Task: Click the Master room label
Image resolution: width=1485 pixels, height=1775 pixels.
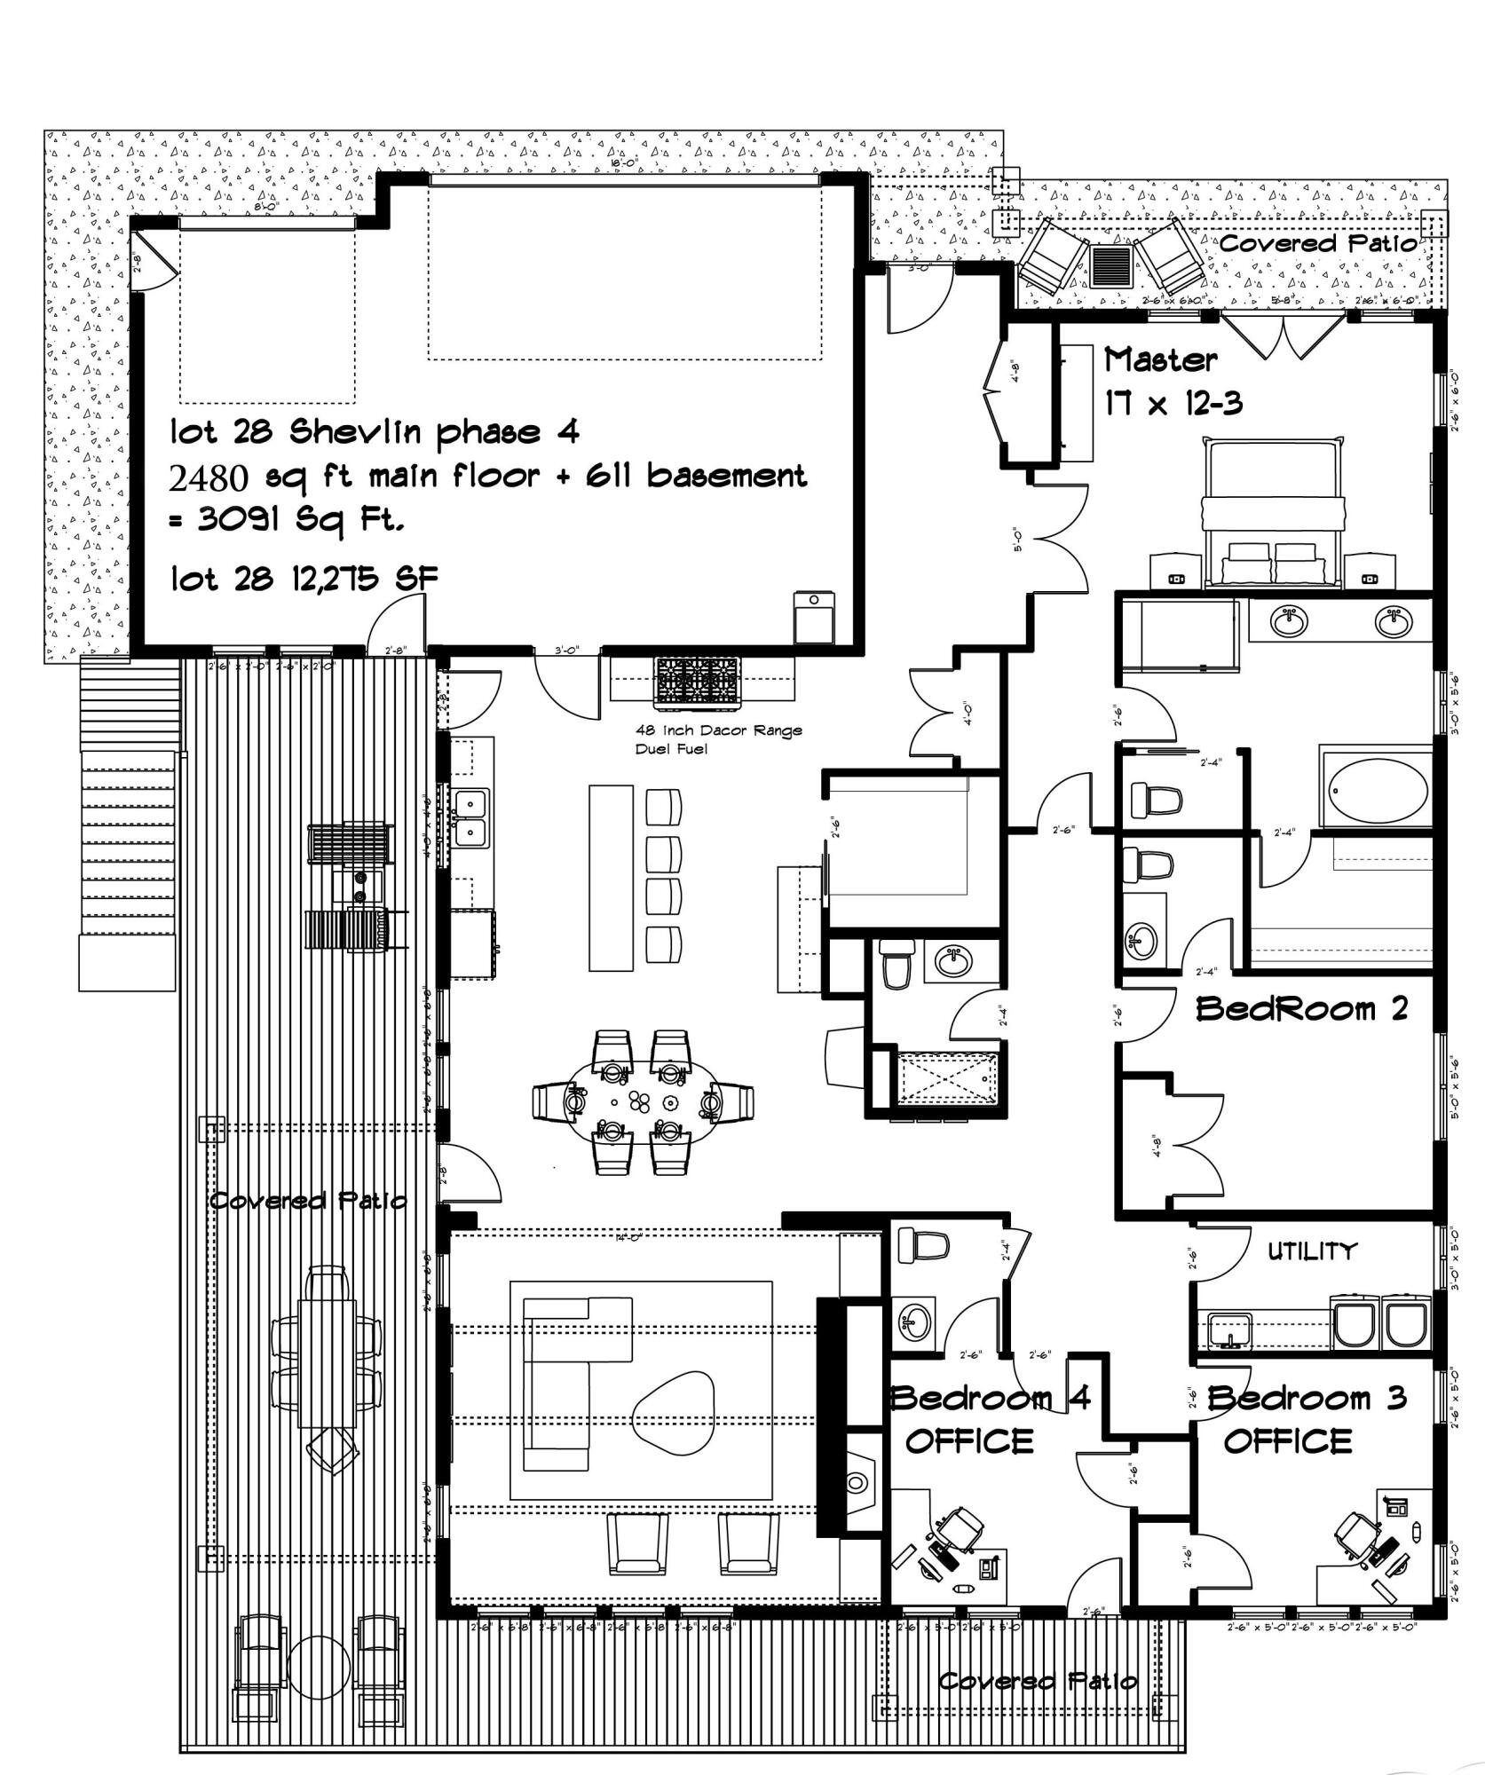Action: click(1160, 359)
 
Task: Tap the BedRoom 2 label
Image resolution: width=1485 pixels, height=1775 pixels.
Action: click(1301, 1009)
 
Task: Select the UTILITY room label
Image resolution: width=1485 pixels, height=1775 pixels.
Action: click(1312, 1251)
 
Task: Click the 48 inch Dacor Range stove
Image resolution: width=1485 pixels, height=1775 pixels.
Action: click(697, 683)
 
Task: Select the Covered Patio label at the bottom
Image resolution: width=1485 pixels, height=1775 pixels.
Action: click(1037, 1681)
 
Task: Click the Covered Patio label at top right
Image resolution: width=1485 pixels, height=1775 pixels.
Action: click(1318, 243)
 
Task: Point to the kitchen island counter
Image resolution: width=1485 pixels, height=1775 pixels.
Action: click(612, 877)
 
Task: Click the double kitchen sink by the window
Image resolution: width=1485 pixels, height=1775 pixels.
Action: click(471, 817)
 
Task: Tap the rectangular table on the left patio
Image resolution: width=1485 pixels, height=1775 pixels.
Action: click(328, 1362)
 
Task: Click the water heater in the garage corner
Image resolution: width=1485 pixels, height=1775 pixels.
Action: click(814, 618)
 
